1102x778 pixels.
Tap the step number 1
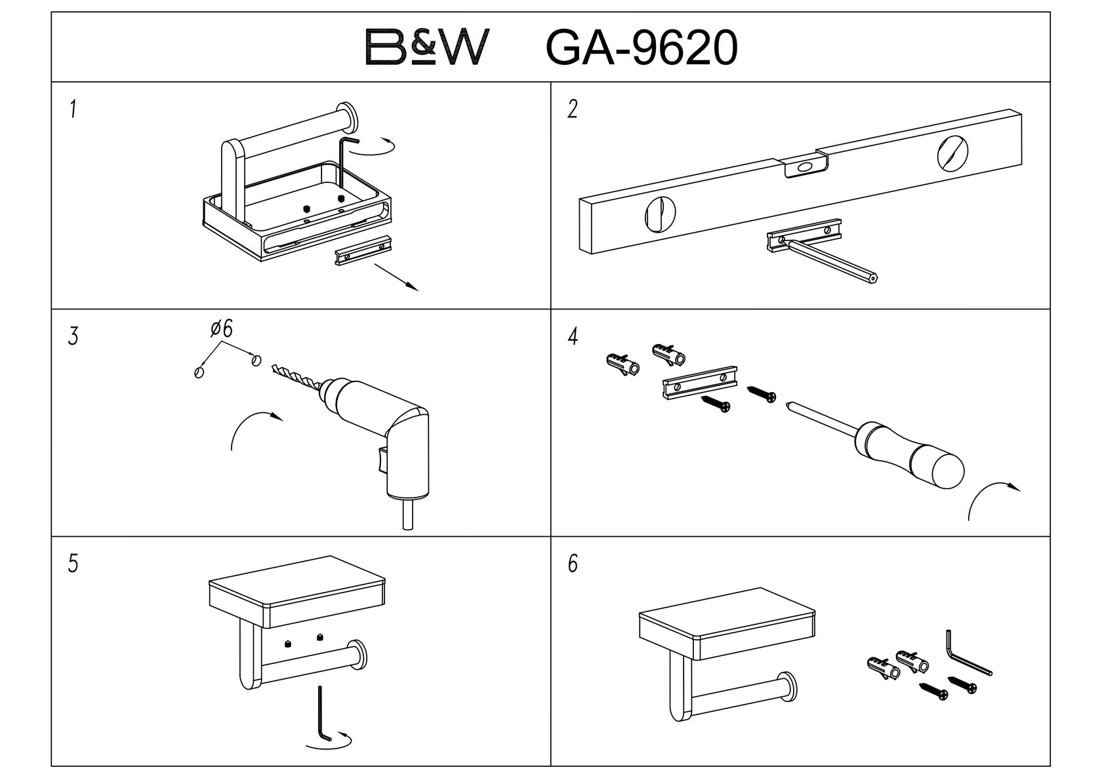[x=73, y=109]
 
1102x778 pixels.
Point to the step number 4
[x=573, y=338]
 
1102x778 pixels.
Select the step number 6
[x=573, y=564]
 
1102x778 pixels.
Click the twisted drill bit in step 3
[x=295, y=378]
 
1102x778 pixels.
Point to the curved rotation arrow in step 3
[x=253, y=426]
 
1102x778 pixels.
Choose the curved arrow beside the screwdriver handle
[x=990, y=495]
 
